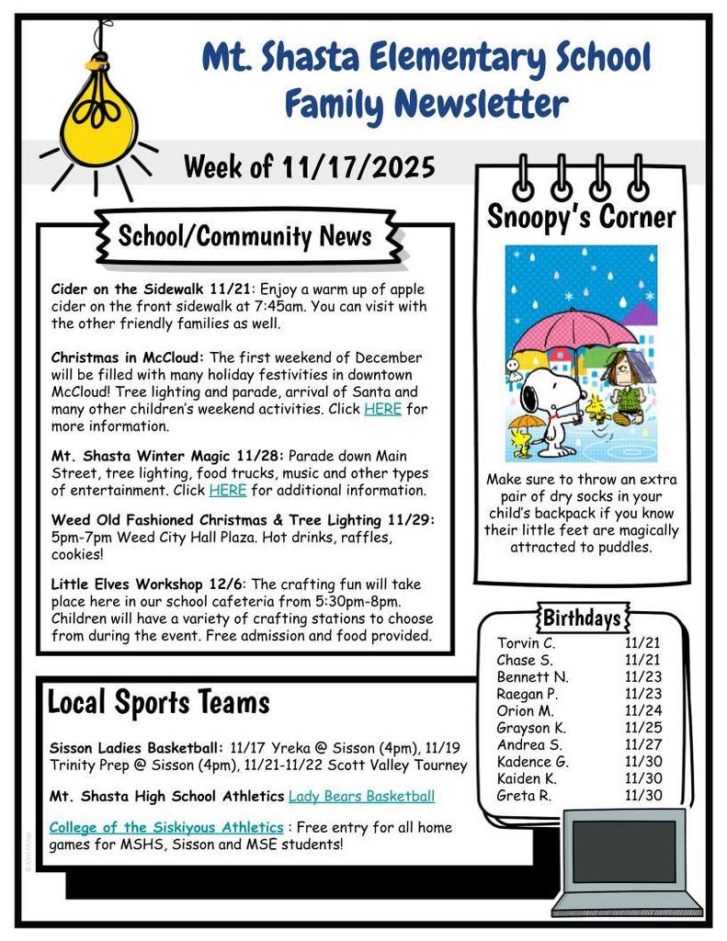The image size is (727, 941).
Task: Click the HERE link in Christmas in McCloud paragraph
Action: point(382,409)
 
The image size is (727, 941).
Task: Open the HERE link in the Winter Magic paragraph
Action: point(227,490)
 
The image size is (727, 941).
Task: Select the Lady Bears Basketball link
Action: point(361,796)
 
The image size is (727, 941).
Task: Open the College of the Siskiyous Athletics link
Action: point(165,827)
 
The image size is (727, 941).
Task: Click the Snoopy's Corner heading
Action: point(581,218)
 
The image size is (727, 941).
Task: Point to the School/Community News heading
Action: point(244,236)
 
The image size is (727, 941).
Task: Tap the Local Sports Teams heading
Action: point(158,703)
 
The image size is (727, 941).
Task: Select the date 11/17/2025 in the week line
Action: point(359,167)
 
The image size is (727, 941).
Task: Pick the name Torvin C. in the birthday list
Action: point(526,643)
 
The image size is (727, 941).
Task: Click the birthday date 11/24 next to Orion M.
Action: point(643,710)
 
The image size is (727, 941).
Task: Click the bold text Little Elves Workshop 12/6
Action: point(148,584)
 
